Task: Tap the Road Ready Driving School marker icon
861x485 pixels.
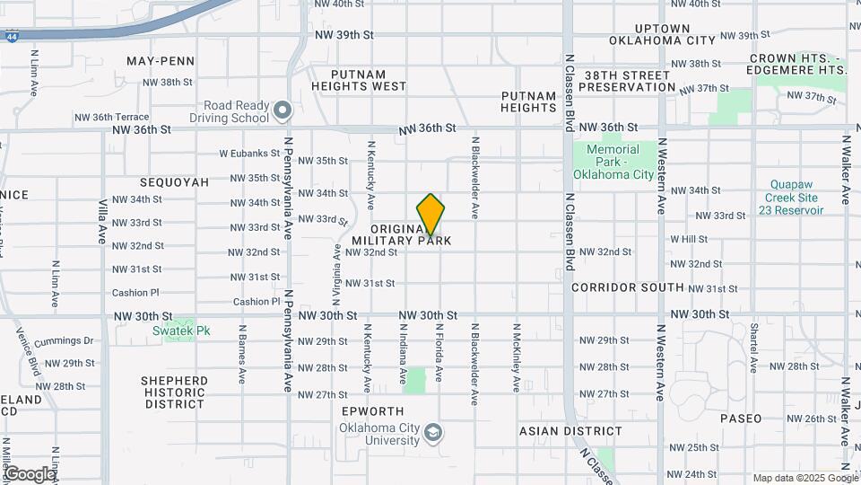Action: coord(283,110)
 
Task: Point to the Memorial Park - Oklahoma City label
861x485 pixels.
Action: coord(613,162)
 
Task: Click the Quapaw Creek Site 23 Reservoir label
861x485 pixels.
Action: coord(795,197)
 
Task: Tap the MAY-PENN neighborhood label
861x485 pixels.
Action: coord(161,61)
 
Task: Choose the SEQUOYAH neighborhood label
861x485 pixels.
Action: coord(174,182)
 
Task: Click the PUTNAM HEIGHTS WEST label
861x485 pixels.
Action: coord(358,81)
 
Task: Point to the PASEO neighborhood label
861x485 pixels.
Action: coord(741,419)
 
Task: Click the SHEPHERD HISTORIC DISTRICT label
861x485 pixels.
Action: coord(173,392)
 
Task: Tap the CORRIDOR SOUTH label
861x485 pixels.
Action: coord(628,287)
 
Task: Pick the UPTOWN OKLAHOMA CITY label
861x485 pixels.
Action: coord(662,34)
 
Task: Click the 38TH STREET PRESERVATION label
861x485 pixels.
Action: coord(627,81)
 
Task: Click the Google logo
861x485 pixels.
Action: coord(29,473)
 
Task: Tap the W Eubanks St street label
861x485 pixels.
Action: coord(244,154)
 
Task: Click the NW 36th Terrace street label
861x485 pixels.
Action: coord(111,117)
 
